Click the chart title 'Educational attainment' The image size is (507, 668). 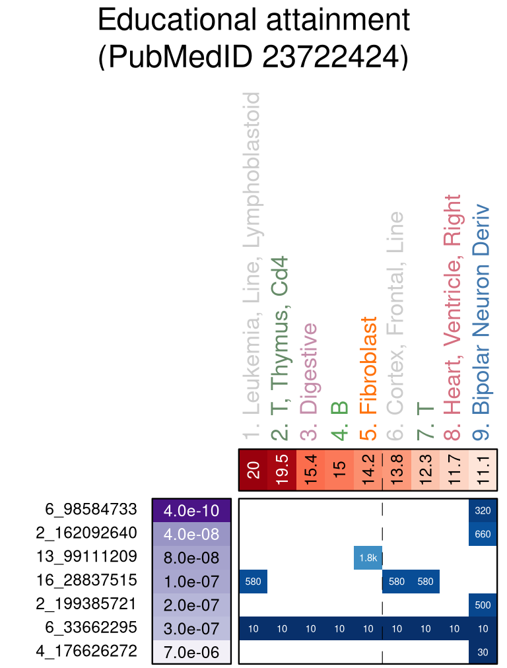coord(253,20)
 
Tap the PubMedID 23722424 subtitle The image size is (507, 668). coord(253,57)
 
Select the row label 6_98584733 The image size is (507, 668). coord(91,510)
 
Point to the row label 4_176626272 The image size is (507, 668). coord(86,651)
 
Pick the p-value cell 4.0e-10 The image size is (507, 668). coord(191,510)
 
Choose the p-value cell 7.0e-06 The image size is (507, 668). coord(191,652)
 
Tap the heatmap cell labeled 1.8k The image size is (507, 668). coord(368,558)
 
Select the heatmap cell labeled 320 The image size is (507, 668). coord(483,510)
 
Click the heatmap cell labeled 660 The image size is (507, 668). coord(483,534)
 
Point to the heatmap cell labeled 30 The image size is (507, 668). coord(483,652)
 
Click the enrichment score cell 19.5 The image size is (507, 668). coord(282,470)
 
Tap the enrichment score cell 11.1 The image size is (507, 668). coord(483,470)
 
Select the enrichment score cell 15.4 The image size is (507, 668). coord(310,470)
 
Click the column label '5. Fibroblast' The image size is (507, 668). coord(368,374)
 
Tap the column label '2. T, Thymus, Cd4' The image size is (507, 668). coord(282,349)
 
